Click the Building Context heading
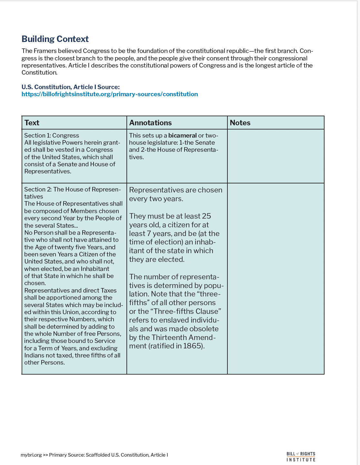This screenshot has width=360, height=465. (x=55, y=39)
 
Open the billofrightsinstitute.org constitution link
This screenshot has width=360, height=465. (x=110, y=94)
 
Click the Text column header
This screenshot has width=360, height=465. (x=32, y=123)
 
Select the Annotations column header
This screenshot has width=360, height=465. (x=150, y=123)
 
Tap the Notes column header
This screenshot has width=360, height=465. (x=240, y=123)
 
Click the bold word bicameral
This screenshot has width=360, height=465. (x=182, y=136)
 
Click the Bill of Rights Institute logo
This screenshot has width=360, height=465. (x=301, y=457)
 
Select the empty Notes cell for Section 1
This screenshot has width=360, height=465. (x=275, y=156)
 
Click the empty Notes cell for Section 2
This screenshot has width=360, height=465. (x=275, y=278)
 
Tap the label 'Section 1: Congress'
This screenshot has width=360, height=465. (x=52, y=136)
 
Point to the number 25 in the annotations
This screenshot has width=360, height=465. (x=206, y=216)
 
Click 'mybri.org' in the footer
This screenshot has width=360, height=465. (x=31, y=455)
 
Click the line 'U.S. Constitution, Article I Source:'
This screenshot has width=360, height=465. (x=70, y=87)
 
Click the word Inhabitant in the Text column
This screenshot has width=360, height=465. (x=95, y=269)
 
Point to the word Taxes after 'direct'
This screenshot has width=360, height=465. (x=108, y=291)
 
